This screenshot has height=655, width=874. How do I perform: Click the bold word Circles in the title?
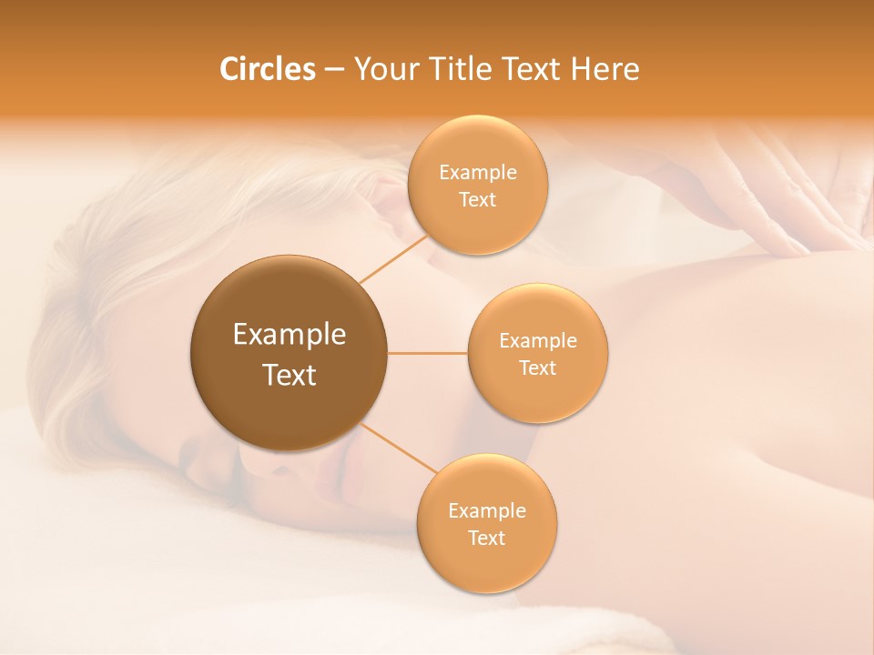(x=267, y=69)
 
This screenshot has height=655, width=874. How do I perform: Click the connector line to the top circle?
(x=393, y=258)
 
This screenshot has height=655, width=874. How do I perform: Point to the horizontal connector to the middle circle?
(x=427, y=353)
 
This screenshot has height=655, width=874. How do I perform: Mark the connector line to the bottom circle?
(x=398, y=448)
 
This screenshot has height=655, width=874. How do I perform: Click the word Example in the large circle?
(x=290, y=335)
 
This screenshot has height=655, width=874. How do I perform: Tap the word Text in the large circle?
(x=290, y=375)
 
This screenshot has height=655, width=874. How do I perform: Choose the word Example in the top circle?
(x=477, y=173)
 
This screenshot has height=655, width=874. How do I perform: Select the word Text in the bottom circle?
(x=486, y=538)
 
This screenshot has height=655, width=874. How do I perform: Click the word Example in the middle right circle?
(x=537, y=341)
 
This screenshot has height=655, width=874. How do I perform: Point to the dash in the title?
(x=334, y=69)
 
